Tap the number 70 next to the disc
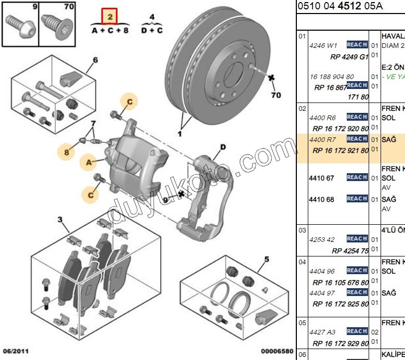(276, 95)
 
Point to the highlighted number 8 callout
(67, 152)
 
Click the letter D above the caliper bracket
(223, 147)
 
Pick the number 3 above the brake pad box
(60, 220)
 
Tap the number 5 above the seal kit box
(266, 259)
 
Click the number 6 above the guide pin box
(95, 60)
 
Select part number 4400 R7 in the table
(323, 139)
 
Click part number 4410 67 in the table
(321, 178)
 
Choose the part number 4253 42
(323, 239)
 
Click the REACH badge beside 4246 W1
(357, 45)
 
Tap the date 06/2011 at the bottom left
(15, 352)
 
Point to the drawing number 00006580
(277, 352)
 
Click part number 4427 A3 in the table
(323, 332)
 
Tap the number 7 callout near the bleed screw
(94, 123)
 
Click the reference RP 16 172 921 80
(341, 151)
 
